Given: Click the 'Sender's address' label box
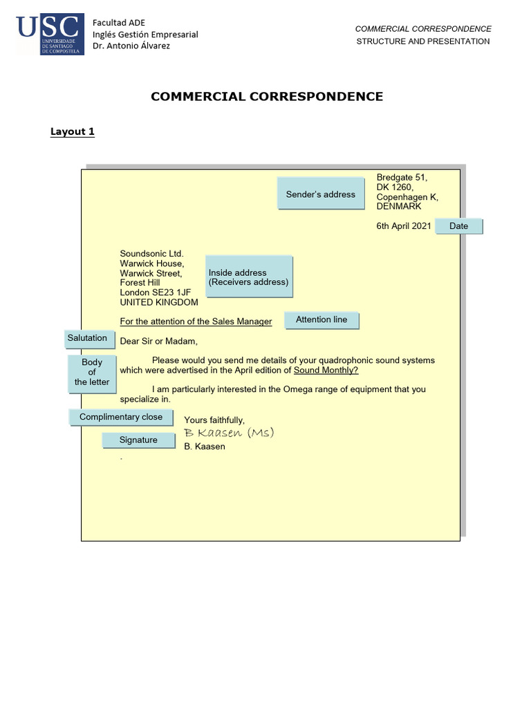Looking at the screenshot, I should click(x=320, y=194).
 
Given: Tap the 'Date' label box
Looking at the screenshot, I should click(x=458, y=226).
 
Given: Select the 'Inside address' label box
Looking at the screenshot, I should click(x=249, y=277).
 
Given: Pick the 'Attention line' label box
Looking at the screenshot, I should click(x=322, y=319).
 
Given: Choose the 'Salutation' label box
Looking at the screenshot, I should click(x=87, y=338).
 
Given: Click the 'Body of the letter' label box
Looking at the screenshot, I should click(x=92, y=373).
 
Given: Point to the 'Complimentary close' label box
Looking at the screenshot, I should click(x=121, y=417).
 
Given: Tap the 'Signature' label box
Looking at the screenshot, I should click(x=138, y=440).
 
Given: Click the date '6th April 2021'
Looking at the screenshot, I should click(x=404, y=226).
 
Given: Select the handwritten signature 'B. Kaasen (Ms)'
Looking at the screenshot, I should click(x=229, y=433).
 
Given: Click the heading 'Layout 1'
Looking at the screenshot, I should click(x=73, y=131).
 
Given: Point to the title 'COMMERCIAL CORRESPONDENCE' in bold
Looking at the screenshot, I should click(x=267, y=97).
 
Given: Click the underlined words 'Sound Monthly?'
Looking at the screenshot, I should click(x=326, y=370).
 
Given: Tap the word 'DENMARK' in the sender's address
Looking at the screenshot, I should click(x=399, y=206).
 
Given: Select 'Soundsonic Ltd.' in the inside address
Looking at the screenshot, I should click(x=151, y=254).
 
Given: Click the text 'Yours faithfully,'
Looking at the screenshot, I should click(x=214, y=420).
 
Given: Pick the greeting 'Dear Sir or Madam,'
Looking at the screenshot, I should click(x=158, y=341).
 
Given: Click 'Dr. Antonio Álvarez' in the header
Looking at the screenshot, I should click(x=131, y=46).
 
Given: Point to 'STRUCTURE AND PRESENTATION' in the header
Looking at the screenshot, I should click(x=423, y=41).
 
